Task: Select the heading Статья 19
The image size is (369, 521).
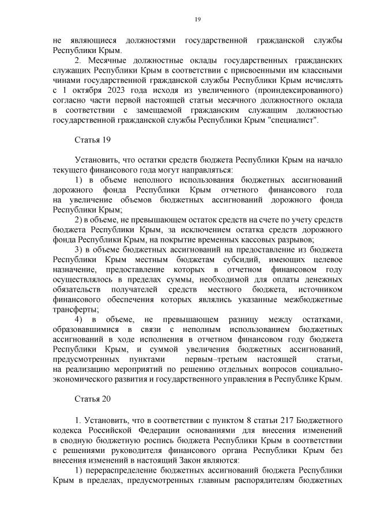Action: point(92,140)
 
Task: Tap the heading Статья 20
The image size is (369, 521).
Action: point(92,398)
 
